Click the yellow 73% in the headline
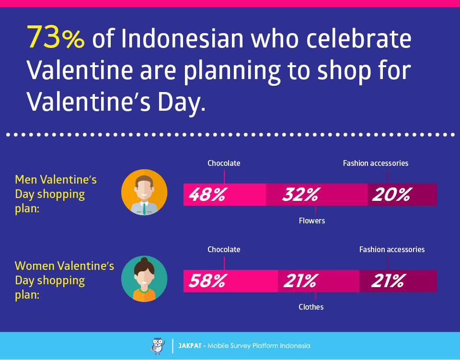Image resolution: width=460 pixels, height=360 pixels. pyautogui.click(x=56, y=37)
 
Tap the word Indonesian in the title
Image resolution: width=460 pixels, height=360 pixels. pyautogui.click(x=182, y=38)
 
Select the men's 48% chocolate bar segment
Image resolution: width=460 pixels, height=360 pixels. pyautogui.click(x=224, y=195)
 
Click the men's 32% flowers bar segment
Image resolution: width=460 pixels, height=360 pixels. pyautogui.click(x=317, y=195)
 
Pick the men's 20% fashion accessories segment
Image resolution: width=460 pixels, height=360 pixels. pyautogui.click(x=402, y=195)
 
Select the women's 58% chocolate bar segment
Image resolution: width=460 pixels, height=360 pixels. pyautogui.click(x=230, y=281)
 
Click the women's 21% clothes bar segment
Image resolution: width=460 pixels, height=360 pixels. pyautogui.click(x=319, y=281)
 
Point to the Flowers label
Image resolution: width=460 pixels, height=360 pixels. pyautogui.click(x=312, y=221)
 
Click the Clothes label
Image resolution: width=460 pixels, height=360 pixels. pyautogui.click(x=311, y=307)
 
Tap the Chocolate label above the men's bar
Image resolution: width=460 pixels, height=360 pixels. pyautogui.click(x=224, y=163)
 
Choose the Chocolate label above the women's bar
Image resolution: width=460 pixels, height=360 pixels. pyautogui.click(x=224, y=249)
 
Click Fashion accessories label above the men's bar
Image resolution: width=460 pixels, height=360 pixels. pyautogui.click(x=376, y=163)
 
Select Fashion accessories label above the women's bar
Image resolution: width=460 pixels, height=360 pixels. pyautogui.click(x=392, y=249)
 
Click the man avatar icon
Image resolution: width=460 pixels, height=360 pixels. pyautogui.click(x=144, y=192)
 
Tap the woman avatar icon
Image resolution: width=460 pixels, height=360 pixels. pyautogui.click(x=144, y=279)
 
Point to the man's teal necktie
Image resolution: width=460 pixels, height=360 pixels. pyautogui.click(x=144, y=209)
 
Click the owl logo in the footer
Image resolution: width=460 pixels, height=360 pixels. pyautogui.click(x=158, y=346)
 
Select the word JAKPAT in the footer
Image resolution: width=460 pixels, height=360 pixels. pyautogui.click(x=190, y=346)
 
